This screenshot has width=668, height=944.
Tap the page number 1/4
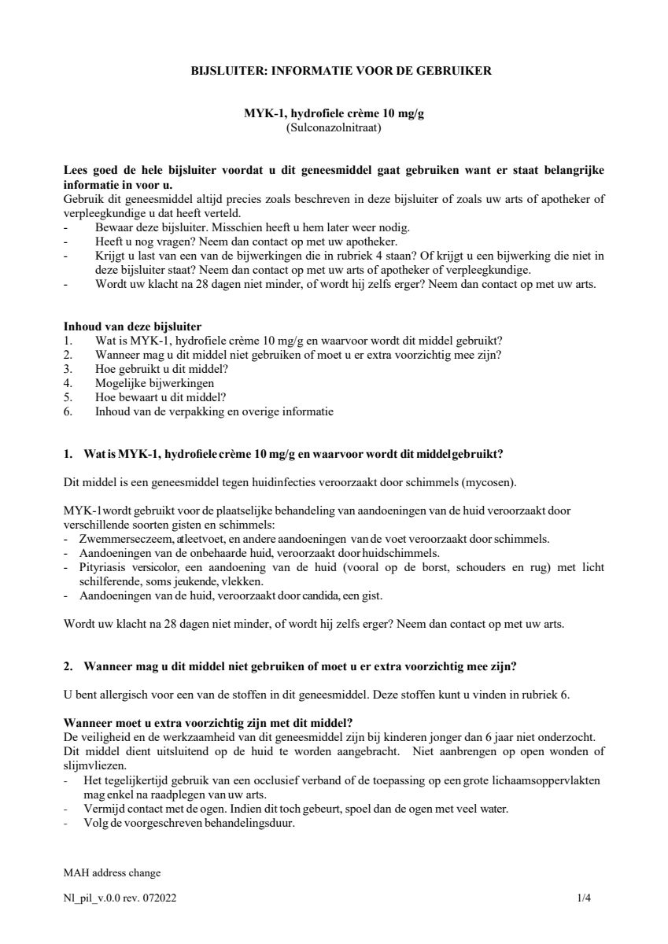582,897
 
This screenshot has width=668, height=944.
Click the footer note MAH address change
112,872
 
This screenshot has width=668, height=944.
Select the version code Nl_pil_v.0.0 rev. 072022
120,897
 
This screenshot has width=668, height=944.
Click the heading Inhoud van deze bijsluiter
133,326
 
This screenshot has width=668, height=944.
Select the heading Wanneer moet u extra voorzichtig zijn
208,723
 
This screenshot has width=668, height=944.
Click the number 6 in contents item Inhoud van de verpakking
68,411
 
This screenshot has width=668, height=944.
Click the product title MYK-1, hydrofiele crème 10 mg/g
334,113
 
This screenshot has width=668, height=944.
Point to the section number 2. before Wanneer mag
68,667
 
